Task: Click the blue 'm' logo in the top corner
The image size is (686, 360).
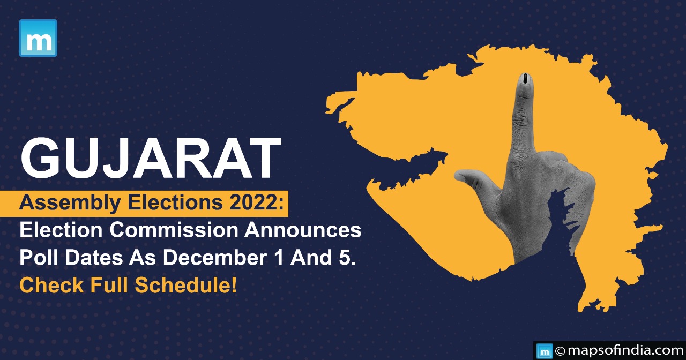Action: coord(38,38)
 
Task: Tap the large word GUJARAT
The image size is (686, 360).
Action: coord(151,158)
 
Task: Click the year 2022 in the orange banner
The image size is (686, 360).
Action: coord(252,202)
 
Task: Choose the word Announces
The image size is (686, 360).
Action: coord(303,230)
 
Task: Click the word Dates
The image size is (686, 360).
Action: coord(94,258)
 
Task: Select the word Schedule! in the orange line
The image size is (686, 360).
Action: coord(186,285)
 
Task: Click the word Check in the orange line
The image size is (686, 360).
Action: coord(51,285)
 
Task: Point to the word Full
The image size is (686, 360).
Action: coord(109,285)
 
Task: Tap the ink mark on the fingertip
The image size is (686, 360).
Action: coord(525,78)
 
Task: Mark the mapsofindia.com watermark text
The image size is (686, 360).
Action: coord(626,350)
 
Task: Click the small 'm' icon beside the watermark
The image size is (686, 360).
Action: coord(545,351)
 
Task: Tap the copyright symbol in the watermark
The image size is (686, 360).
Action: coord(560,351)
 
